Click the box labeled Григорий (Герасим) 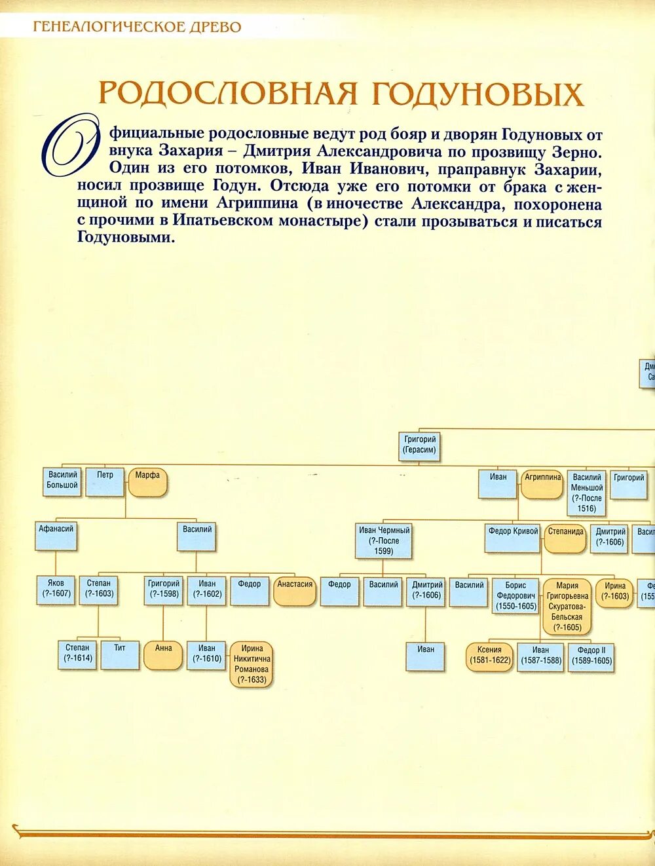(x=420, y=445)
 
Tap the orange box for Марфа (x=148, y=481)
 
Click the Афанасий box (x=56, y=535)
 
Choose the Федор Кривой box (x=514, y=537)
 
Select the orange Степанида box (x=565, y=537)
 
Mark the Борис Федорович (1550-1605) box (x=516, y=596)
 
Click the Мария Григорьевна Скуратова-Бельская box (x=567, y=607)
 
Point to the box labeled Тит (x=120, y=654)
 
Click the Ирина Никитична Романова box (x=252, y=664)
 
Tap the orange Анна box (x=163, y=654)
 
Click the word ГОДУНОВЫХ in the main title (x=477, y=93)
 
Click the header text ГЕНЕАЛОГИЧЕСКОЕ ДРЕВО (x=137, y=27)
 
